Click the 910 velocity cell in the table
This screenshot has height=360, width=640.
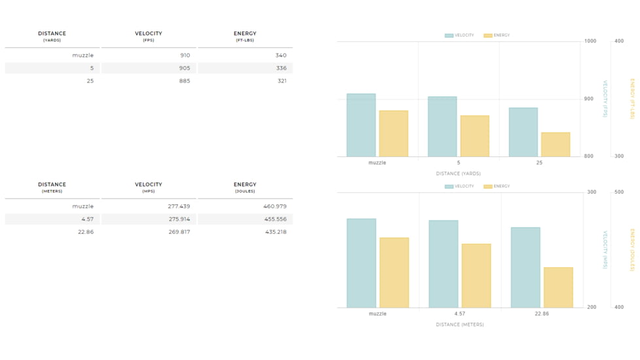point(185,55)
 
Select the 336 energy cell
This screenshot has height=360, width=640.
point(281,68)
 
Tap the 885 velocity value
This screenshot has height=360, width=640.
point(185,81)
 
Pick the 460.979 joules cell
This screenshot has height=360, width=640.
point(275,206)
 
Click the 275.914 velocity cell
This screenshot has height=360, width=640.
point(179,219)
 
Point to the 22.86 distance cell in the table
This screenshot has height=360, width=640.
point(86,232)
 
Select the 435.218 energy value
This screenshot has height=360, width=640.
point(276,232)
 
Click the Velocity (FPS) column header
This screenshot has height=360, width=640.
point(149,36)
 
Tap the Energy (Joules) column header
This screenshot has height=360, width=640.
point(245,187)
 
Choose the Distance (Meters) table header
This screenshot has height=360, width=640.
point(52,187)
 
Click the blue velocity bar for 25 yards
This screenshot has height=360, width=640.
point(524,132)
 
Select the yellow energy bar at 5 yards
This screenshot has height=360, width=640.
point(474,136)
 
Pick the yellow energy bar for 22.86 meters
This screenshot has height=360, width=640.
point(558,288)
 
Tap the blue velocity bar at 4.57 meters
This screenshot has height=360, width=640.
point(443,264)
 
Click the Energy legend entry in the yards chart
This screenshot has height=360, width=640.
point(497,35)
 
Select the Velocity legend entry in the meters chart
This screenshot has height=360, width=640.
point(459,187)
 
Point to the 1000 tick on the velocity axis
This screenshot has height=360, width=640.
point(590,41)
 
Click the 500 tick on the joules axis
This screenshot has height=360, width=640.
point(619,192)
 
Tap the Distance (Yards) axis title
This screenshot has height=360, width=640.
point(458,173)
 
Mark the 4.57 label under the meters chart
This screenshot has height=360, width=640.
point(459,314)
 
